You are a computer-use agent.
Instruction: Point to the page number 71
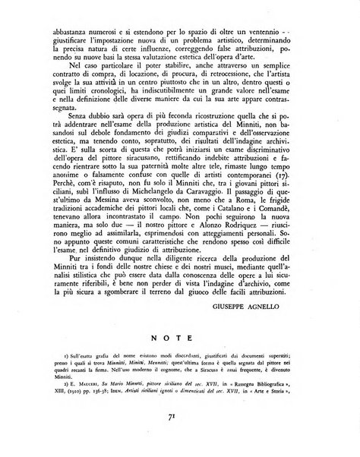pyautogui.click(x=180, y=437)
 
